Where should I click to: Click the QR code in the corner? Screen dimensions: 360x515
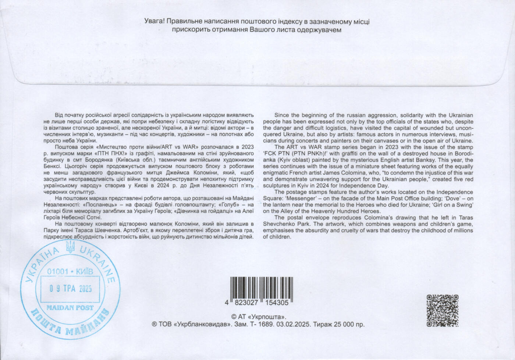[x=443, y=310]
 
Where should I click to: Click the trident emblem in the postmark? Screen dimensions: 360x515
[x=70, y=247]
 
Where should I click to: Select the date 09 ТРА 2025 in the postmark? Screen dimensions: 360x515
[x=71, y=289]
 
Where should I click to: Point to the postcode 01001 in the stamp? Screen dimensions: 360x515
[x=58, y=272]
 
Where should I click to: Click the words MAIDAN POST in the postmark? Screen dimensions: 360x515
[x=70, y=308]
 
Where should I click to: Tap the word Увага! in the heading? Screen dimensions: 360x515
[x=154, y=21]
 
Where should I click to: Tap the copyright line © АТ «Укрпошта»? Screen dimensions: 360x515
[x=259, y=317]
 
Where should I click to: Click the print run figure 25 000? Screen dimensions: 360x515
[x=346, y=325]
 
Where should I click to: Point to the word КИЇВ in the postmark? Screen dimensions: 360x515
[x=85, y=272]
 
